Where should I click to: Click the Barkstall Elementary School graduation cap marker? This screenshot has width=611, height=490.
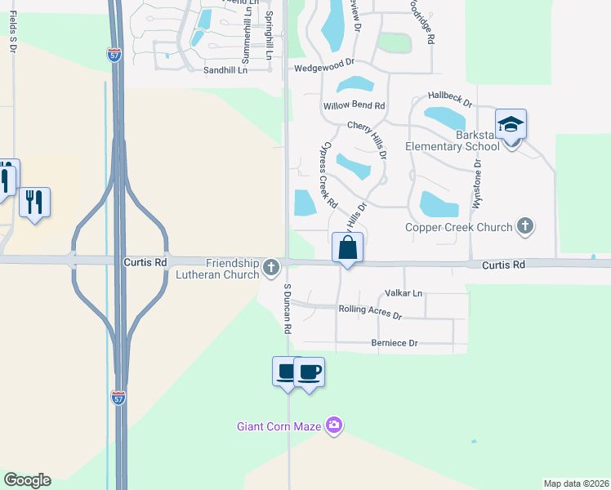pos(511,125)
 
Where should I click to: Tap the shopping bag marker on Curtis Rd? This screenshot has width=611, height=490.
pos(348,247)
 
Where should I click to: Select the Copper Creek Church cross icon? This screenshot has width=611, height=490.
pos(525,226)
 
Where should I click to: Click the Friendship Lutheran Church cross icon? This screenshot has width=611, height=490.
pos(271,266)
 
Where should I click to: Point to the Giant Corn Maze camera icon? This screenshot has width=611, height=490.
pos(333,425)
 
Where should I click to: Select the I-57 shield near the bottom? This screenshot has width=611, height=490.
pos(119,397)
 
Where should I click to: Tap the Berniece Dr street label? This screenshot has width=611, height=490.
pos(394,343)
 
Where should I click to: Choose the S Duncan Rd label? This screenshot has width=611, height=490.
pos(288,309)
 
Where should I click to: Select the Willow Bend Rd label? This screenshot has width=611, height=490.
pos(354,105)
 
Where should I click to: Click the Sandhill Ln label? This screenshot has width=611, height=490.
pos(225,70)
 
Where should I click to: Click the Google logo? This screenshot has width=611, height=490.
pos(27,480)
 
